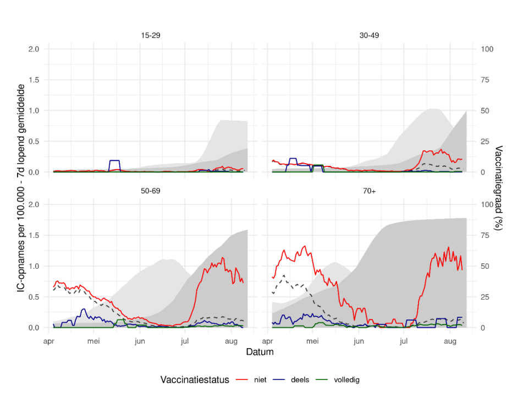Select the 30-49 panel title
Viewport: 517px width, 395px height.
coord(369,35)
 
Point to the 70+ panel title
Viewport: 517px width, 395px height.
coord(369,191)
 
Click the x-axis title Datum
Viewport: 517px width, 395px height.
coord(260,351)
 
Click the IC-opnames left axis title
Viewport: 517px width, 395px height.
coord(21,188)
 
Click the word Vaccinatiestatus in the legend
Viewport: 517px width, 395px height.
coord(195,380)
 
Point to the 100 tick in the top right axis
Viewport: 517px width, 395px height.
coord(487,49)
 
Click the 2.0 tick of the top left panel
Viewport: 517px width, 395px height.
coord(34,49)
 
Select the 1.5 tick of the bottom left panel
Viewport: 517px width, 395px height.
coord(34,236)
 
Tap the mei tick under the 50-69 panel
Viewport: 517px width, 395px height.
coord(94,342)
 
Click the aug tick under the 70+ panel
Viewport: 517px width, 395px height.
coord(450,342)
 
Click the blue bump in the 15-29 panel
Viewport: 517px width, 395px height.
coord(114,161)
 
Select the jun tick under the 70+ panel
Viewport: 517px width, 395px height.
coord(359,342)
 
